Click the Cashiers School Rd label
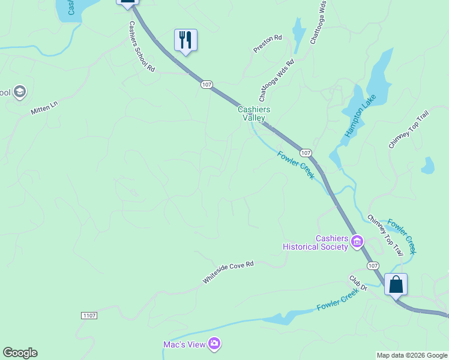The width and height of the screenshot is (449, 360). (x=142, y=47)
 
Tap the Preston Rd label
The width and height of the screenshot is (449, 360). (x=268, y=44)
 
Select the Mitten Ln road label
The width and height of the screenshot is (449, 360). (x=44, y=108)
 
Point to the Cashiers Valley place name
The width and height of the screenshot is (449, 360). (x=254, y=113)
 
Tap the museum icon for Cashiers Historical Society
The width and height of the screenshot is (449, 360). (x=357, y=242)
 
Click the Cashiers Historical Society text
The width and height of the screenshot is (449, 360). (x=316, y=242)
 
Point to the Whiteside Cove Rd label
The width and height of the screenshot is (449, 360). (x=228, y=272)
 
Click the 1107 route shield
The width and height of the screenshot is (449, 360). (x=89, y=315)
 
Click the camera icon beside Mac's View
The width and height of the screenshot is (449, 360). (x=215, y=344)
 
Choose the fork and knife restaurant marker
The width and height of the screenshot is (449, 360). (x=185, y=40)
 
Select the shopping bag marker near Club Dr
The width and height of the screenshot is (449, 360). (x=396, y=284)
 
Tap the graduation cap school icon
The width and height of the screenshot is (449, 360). (x=20, y=92)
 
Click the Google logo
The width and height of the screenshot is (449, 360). (x=20, y=353)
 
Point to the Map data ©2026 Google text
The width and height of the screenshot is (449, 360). (x=412, y=355)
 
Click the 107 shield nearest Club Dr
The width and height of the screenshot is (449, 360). (x=373, y=266)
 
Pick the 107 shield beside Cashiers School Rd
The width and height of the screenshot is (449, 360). (x=206, y=85)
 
